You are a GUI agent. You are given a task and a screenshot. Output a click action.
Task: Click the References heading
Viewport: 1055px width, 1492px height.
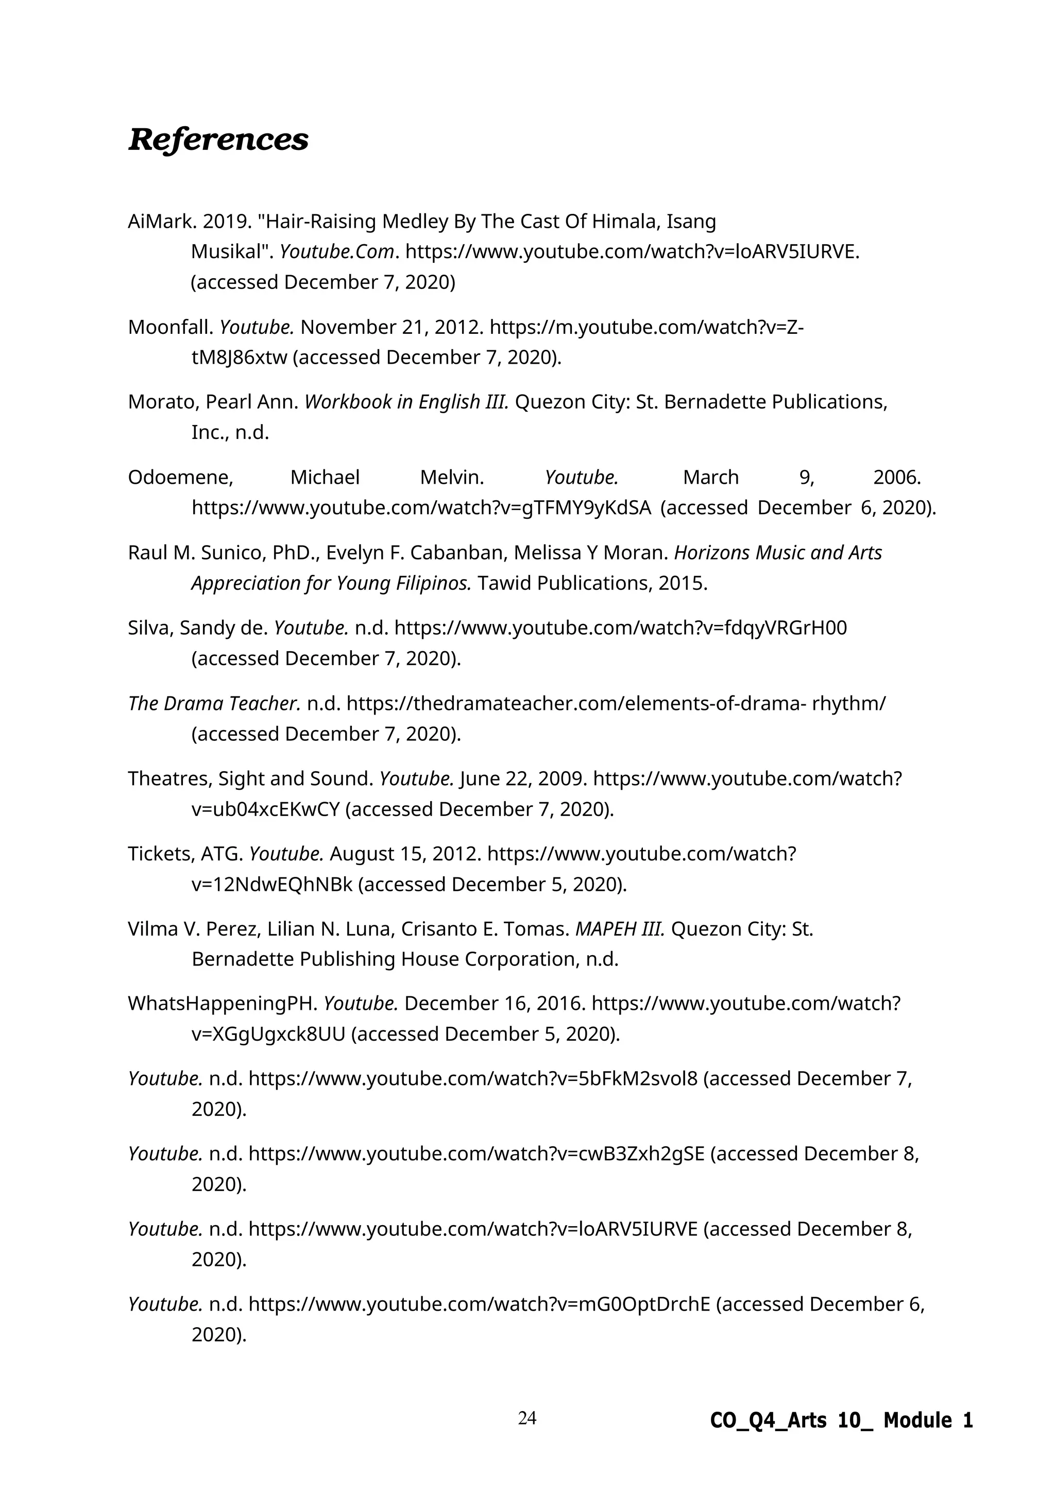(x=218, y=140)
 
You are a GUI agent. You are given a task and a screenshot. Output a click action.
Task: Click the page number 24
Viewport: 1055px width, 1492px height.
(x=527, y=1418)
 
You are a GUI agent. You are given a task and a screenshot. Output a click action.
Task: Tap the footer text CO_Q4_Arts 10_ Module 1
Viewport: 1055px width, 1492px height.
(x=841, y=1420)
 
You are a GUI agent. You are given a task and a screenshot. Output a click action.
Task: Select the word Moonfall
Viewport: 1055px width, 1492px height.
(x=170, y=327)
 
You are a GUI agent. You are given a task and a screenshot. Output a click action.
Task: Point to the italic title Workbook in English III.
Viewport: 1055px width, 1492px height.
(x=406, y=402)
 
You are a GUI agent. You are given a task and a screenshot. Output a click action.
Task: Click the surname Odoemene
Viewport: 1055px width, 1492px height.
(x=180, y=478)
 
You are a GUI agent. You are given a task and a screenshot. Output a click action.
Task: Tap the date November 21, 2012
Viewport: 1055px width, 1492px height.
(x=391, y=327)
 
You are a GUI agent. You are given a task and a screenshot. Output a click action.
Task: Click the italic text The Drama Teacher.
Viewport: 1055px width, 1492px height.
(x=214, y=703)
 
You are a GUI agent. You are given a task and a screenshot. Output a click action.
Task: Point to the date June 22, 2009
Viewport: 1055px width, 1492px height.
(x=523, y=778)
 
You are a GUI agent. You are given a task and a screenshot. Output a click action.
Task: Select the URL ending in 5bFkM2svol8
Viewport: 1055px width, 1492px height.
(x=473, y=1079)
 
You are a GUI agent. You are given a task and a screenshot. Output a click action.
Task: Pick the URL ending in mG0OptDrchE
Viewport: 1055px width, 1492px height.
(x=480, y=1304)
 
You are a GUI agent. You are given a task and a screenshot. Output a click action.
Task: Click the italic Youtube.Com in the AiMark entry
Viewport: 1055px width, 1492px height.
(x=336, y=252)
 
